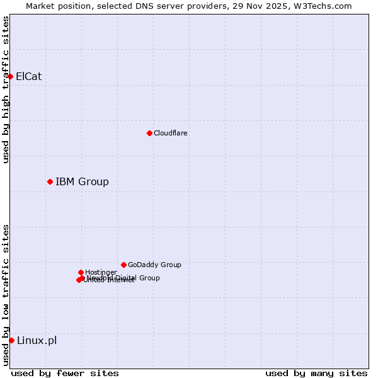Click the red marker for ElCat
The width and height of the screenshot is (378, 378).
tap(10, 76)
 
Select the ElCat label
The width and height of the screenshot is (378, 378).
tap(28, 77)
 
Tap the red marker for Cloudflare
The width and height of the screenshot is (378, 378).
tap(149, 133)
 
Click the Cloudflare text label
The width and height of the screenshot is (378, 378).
tap(170, 133)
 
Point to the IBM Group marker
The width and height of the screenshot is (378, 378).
tap(50, 181)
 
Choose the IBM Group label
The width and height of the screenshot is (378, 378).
tap(82, 182)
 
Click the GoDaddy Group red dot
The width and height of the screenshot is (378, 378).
tap(123, 265)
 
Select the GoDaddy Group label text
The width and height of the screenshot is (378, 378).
tap(154, 265)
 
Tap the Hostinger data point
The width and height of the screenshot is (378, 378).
tap(81, 272)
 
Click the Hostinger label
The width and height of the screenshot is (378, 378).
tap(101, 272)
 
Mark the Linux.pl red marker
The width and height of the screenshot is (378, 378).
tap(11, 340)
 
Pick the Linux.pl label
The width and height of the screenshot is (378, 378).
tap(37, 341)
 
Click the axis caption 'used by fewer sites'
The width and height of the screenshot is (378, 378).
tap(65, 373)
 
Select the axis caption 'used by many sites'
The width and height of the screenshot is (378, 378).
tap(316, 373)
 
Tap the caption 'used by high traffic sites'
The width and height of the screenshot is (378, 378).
tap(6, 89)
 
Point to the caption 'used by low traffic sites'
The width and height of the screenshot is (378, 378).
tap(6, 295)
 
